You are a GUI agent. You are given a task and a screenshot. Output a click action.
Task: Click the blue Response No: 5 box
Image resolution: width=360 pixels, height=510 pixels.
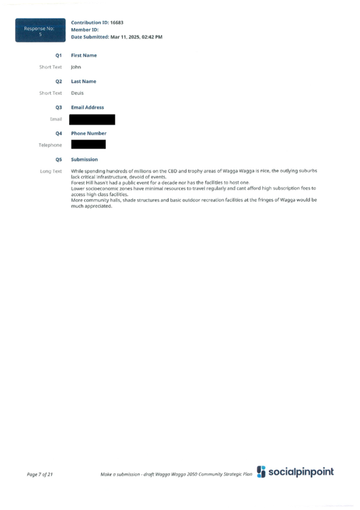40,30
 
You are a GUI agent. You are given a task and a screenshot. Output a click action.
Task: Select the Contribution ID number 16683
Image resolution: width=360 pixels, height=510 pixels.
117,22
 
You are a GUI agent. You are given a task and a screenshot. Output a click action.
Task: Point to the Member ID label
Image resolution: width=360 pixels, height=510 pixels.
85,29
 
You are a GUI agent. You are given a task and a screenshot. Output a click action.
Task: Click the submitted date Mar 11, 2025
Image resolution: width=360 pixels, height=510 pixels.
125,37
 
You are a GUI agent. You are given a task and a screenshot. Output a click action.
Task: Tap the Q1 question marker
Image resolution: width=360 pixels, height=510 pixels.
58,55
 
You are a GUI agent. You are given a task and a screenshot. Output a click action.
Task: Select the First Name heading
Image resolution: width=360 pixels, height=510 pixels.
84,55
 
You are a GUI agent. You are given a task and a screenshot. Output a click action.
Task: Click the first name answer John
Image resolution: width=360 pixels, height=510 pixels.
76,67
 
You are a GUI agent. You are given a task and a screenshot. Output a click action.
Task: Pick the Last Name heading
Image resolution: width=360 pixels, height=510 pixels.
84,81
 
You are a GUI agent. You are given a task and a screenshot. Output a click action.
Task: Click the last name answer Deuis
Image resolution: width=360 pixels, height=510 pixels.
78,93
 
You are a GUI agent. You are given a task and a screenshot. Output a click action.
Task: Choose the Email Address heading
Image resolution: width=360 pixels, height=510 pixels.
87,107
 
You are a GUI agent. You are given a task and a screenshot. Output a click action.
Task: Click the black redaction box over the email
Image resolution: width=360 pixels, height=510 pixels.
92,119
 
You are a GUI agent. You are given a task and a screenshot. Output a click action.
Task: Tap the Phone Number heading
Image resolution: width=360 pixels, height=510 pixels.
89,134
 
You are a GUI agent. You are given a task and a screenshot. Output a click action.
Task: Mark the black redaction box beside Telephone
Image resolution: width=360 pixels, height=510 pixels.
88,144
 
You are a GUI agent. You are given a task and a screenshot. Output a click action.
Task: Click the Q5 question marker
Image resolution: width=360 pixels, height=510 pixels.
58,159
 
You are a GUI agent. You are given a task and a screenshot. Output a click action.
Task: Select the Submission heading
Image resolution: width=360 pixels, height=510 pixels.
85,159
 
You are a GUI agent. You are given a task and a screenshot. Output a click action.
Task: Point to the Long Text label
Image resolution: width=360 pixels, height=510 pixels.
50,171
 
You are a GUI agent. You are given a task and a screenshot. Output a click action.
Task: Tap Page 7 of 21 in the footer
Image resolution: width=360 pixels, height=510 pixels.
40,475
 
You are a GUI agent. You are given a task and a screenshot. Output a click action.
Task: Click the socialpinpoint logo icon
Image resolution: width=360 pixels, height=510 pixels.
261,472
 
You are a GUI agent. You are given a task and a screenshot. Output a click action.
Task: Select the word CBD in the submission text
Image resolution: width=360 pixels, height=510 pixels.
172,171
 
